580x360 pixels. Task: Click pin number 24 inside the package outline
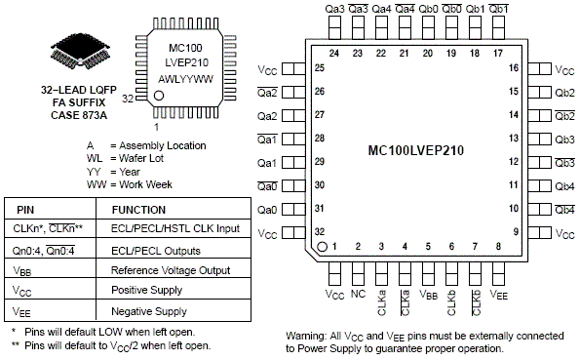(x=334, y=54)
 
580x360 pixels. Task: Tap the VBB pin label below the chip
(x=428, y=295)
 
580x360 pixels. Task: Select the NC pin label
(x=358, y=294)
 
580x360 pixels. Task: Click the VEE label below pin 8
(x=499, y=295)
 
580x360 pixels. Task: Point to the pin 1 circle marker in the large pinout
(x=323, y=246)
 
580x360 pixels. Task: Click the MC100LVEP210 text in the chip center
(x=416, y=151)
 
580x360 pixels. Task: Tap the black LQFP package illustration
(x=80, y=51)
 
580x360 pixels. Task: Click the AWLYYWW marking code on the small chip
(x=185, y=79)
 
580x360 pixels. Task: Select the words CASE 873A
(x=79, y=115)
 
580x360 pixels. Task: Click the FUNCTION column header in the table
(x=138, y=210)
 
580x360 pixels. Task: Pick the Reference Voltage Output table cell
(x=171, y=270)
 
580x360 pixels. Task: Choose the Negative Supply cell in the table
(x=149, y=311)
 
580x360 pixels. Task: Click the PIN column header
(x=25, y=210)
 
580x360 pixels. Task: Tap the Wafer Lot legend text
(x=141, y=158)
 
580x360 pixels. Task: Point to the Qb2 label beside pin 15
(x=564, y=93)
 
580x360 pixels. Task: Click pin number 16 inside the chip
(x=514, y=67)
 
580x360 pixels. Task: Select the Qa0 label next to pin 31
(x=267, y=210)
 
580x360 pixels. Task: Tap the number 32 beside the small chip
(x=128, y=99)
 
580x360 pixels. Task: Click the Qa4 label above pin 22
(x=381, y=9)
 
